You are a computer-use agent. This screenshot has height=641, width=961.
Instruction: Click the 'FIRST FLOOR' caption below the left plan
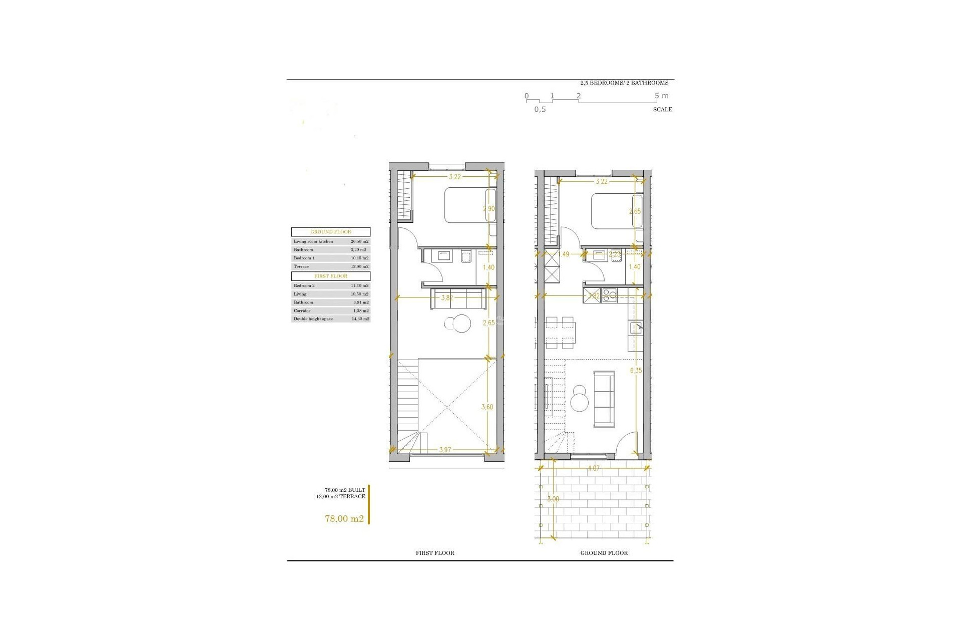(x=435, y=553)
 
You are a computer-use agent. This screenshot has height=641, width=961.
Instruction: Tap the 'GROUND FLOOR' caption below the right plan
(x=604, y=553)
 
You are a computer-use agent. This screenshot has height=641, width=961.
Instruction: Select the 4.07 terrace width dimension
(x=594, y=468)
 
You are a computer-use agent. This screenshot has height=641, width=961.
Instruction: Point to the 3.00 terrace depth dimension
(x=553, y=499)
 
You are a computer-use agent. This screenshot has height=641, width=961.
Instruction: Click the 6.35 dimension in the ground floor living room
(x=636, y=371)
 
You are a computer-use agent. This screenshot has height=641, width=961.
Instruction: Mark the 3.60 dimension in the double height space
(x=487, y=407)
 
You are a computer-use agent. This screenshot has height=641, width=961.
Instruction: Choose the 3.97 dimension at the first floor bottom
(x=445, y=450)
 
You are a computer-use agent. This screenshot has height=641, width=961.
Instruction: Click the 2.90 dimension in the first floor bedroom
(x=489, y=208)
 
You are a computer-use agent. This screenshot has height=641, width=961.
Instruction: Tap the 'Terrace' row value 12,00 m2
(x=359, y=266)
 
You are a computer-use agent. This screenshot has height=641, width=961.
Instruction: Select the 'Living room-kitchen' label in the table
(x=313, y=241)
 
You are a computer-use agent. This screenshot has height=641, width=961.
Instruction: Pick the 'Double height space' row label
(x=313, y=318)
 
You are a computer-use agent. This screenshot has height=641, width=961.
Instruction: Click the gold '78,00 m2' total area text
(x=344, y=519)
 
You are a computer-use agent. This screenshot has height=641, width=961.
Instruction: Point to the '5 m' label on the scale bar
(x=661, y=96)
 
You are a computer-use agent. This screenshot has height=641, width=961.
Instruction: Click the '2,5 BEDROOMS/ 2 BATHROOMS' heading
(x=624, y=83)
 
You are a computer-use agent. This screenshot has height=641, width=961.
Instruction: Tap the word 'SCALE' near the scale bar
(x=662, y=109)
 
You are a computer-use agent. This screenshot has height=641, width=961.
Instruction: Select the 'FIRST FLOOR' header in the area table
(x=331, y=276)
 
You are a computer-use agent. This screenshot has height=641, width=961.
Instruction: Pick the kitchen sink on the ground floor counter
(x=636, y=328)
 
